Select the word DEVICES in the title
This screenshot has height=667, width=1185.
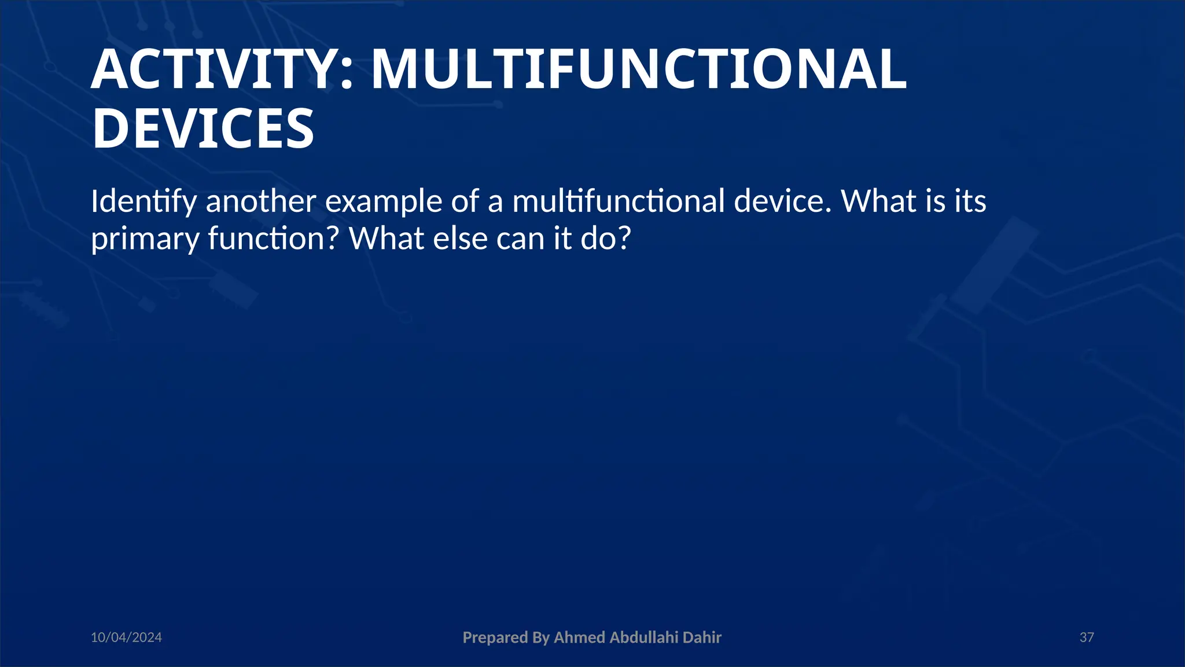click(203, 129)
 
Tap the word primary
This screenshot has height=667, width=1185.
click(145, 239)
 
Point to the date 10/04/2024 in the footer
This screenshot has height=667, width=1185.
click(126, 637)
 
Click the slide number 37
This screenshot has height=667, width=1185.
click(1087, 637)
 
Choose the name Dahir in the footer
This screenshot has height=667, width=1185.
click(702, 637)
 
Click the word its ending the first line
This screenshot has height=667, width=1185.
click(969, 201)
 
